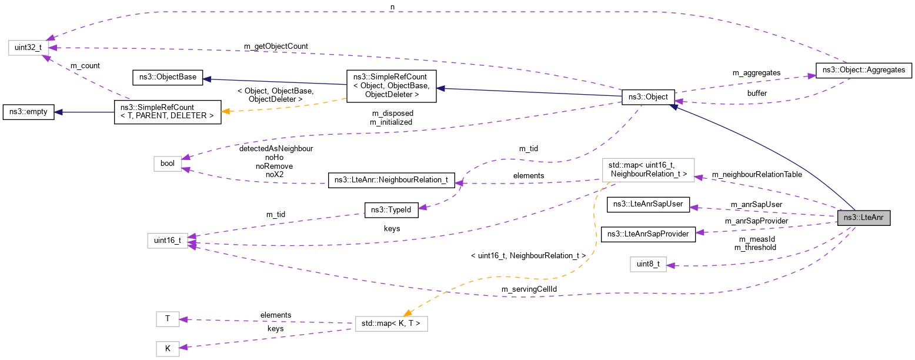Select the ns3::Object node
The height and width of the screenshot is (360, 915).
point(648,97)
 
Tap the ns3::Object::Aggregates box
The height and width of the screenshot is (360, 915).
point(863,70)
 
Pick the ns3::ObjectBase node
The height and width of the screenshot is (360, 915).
point(166,77)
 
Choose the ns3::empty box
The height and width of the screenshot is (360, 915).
point(28,112)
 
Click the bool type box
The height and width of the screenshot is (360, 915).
point(168,164)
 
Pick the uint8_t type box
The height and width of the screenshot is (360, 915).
point(647,264)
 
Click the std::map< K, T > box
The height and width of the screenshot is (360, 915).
point(391,324)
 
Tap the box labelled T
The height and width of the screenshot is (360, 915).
point(168,319)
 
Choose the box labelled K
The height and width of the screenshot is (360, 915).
point(168,348)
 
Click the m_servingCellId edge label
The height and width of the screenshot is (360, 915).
point(529,289)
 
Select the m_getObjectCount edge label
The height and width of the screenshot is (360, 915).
point(276,46)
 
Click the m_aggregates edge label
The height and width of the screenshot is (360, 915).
point(756,72)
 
